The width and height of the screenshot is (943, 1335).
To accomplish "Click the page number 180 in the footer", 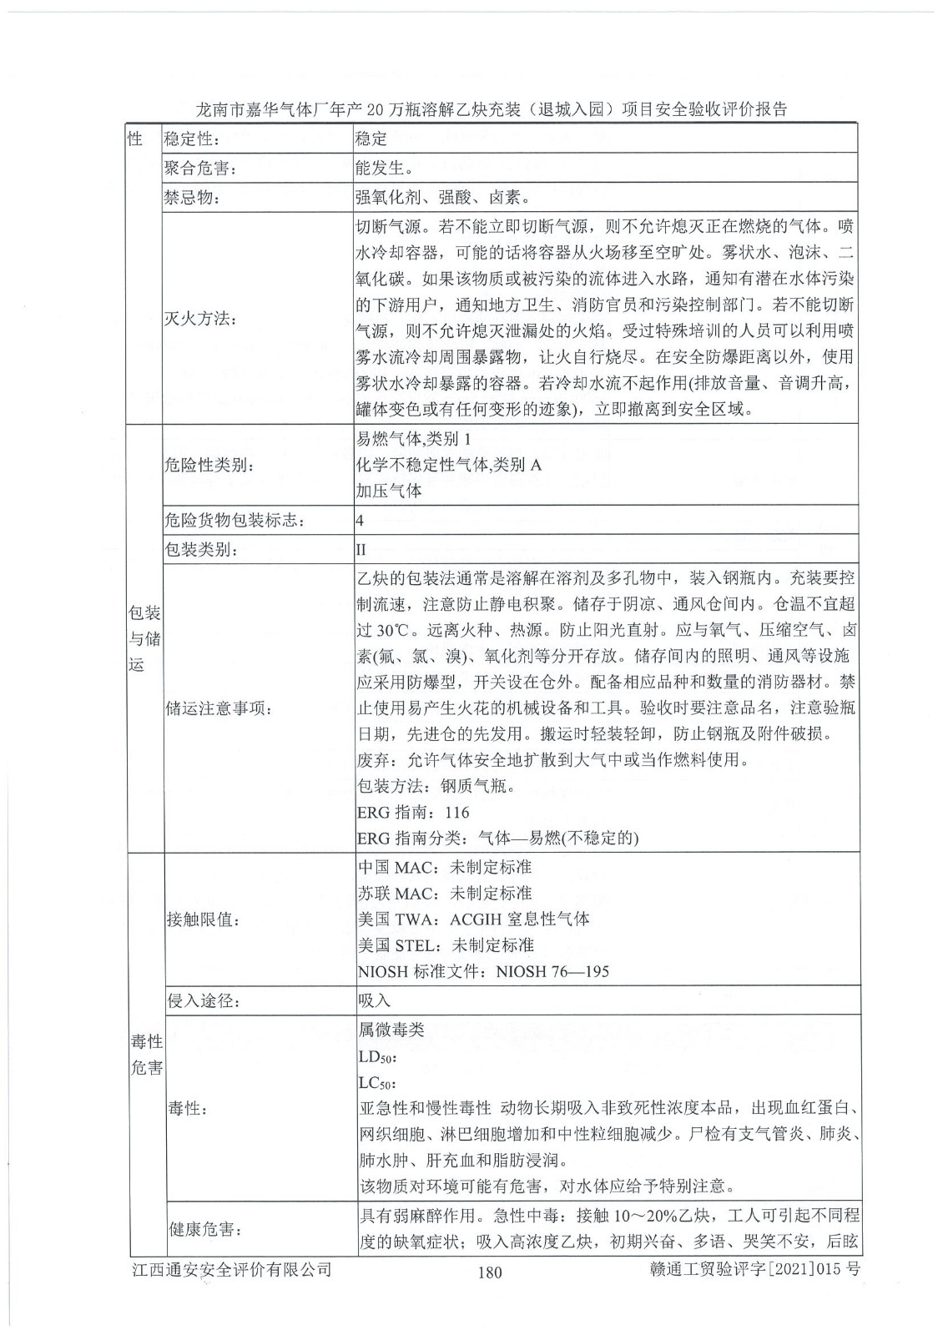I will (x=490, y=1272).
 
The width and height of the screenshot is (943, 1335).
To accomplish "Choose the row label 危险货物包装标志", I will (x=234, y=521).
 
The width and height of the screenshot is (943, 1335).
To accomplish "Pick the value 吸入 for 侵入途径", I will (x=374, y=1000).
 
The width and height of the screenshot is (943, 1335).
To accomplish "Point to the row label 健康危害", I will (x=204, y=1229).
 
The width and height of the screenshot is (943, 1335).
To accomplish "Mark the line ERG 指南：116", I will (x=413, y=813).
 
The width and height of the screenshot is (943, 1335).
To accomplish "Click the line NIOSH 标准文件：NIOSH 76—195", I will (x=483, y=971).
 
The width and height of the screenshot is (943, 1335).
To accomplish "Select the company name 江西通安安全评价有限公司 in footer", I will (x=232, y=1269).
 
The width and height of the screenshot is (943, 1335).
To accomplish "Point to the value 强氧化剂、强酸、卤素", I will (x=442, y=199).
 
